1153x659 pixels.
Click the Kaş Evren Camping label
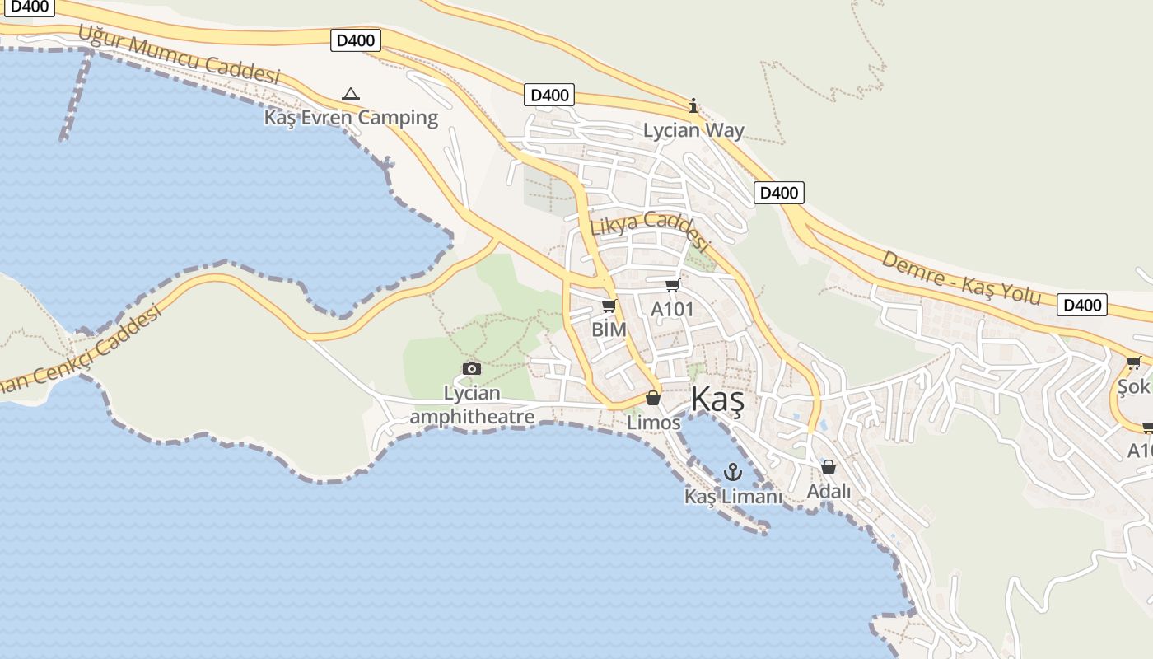coord(351,117)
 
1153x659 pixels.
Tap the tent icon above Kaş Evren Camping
coord(351,94)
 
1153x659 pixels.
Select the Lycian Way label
coord(693,130)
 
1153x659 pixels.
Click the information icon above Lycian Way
coord(693,105)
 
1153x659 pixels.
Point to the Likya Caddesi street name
coord(649,230)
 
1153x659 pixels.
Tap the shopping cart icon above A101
coord(673,286)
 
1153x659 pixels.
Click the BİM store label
coord(609,329)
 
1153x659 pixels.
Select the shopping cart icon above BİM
coord(609,306)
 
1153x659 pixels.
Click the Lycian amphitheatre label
coord(472,405)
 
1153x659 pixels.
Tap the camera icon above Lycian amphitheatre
coord(472,368)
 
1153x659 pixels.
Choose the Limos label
coord(654,423)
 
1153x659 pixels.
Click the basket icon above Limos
coord(653,399)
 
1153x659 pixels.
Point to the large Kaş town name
coord(717,400)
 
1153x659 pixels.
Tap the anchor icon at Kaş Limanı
coord(732,472)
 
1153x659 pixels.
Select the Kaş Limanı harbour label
coord(733,497)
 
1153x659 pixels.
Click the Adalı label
coord(829,491)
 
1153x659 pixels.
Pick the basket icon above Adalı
coord(829,467)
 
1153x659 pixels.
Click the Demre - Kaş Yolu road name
coord(961,278)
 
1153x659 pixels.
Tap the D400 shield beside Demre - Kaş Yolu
coord(1082,305)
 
